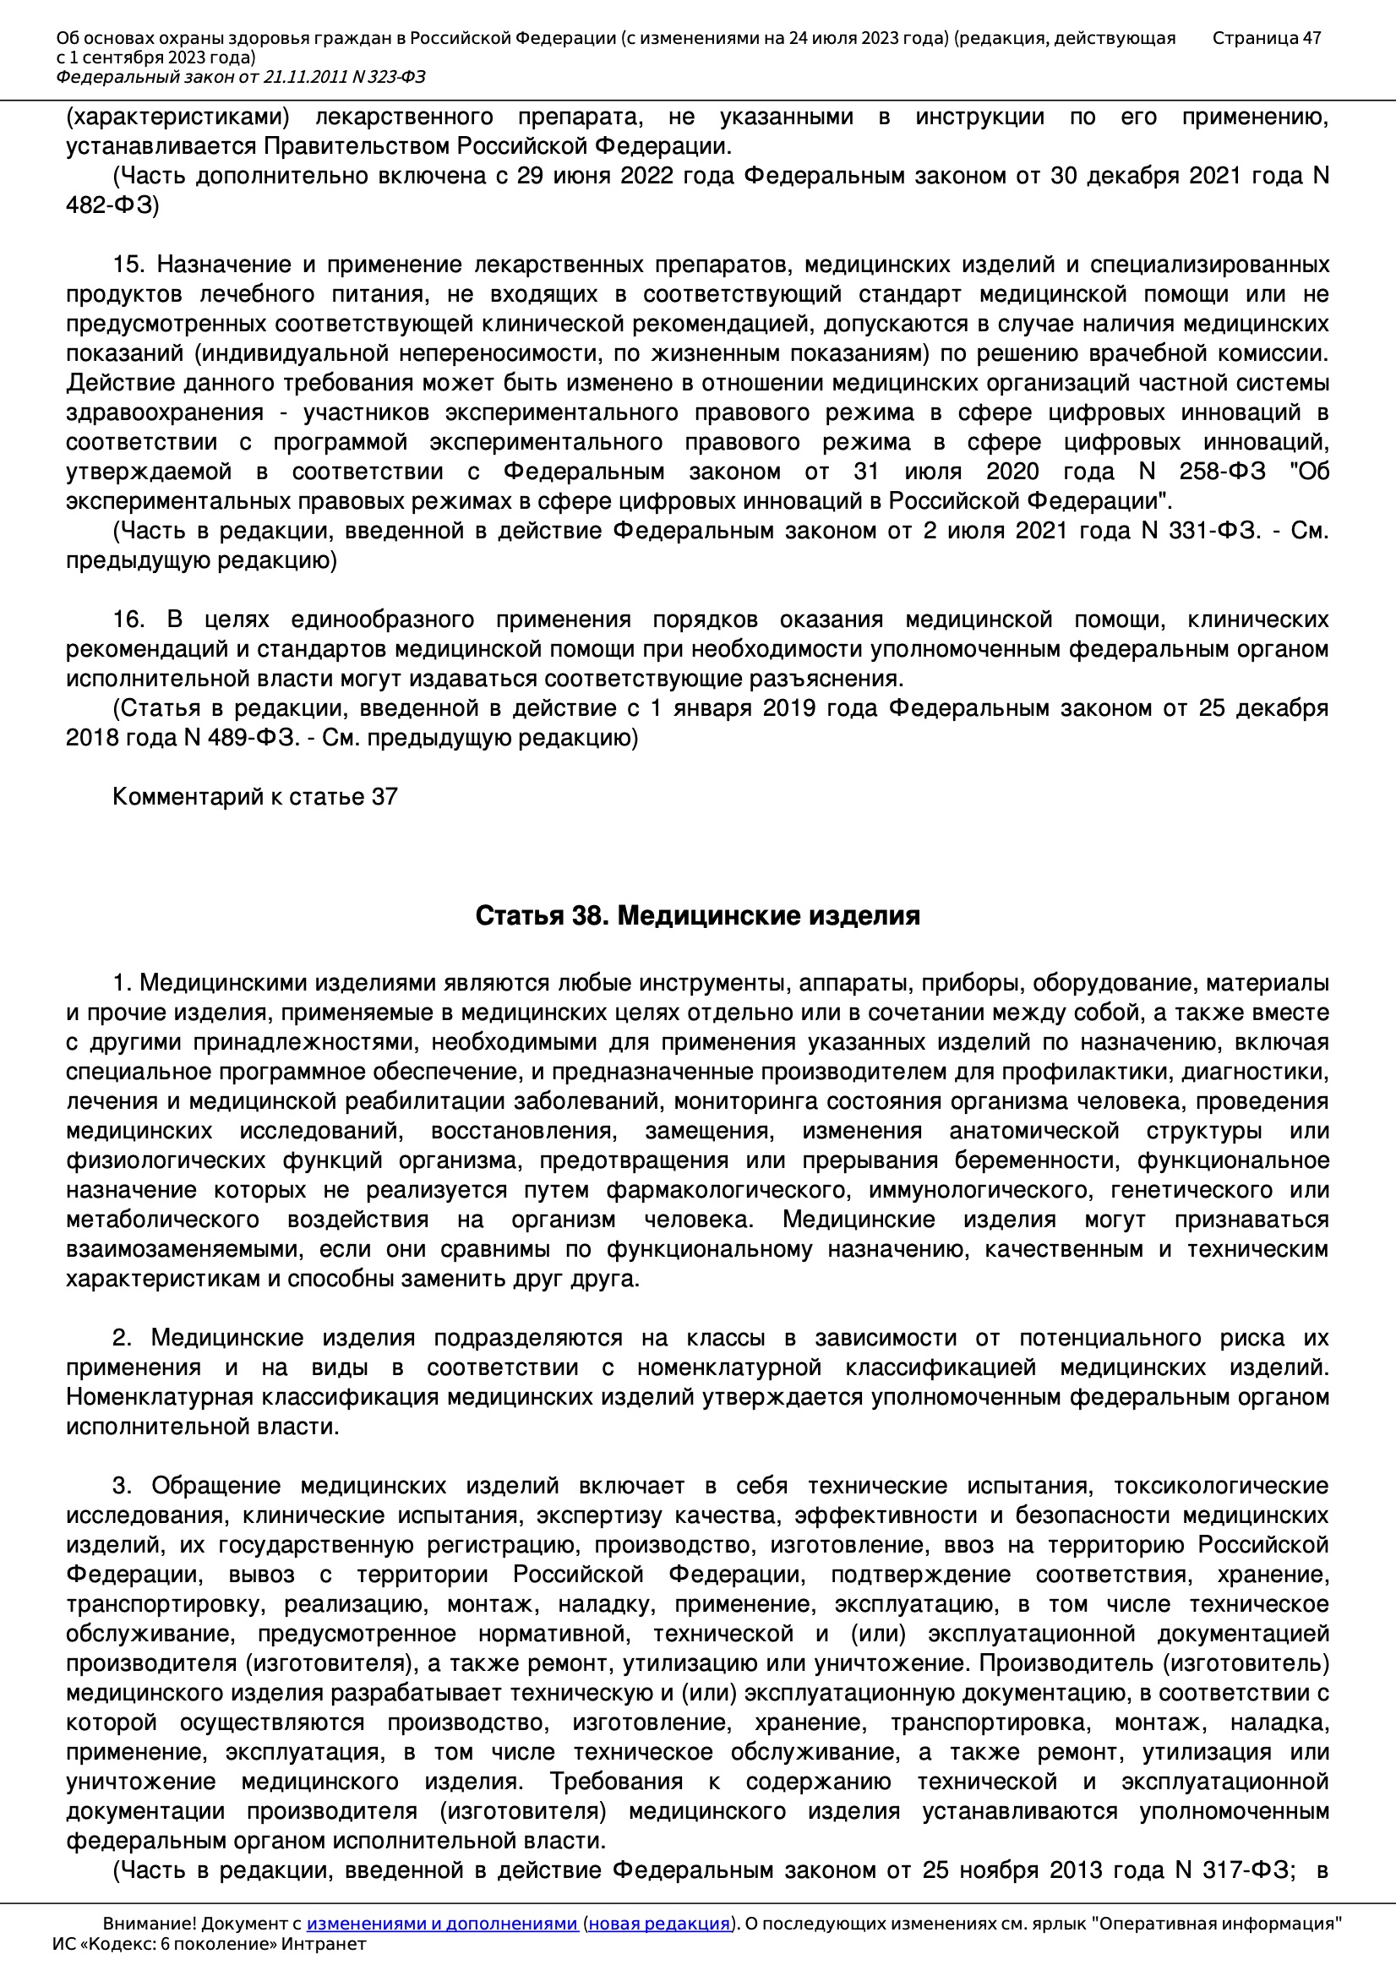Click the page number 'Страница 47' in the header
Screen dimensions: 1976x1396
point(1266,38)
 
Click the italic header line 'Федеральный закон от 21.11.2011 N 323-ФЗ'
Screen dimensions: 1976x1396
point(240,78)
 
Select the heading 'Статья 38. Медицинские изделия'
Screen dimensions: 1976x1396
point(697,914)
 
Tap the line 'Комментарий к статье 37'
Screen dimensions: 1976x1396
point(254,797)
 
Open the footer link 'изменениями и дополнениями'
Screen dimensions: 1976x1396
point(441,1924)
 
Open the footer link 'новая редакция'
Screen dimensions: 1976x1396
point(659,1924)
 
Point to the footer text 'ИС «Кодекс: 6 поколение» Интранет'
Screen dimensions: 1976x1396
point(209,1944)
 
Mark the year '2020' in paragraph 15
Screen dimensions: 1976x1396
point(1012,472)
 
